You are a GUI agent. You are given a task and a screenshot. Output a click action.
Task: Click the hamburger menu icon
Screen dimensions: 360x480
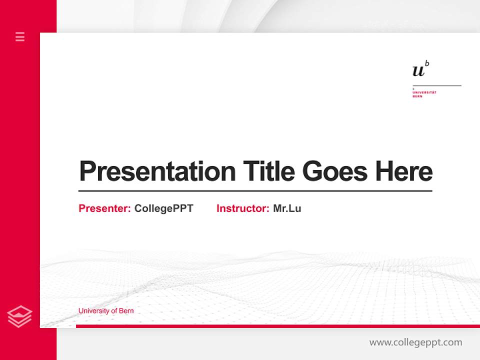pos(20,36)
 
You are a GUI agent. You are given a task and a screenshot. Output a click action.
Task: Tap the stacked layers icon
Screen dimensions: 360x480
pos(19,316)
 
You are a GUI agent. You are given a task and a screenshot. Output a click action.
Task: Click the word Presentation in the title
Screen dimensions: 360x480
pos(157,171)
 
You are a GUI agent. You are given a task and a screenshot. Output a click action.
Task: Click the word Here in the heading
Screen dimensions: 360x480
pos(404,171)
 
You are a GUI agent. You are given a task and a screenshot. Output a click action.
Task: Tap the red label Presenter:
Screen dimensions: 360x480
pos(104,208)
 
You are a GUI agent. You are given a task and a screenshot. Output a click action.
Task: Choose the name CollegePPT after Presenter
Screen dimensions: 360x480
pos(163,208)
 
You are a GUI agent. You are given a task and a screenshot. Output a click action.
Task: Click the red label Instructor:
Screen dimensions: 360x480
pos(242,208)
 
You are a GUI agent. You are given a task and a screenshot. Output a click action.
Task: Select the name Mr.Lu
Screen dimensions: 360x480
pos(287,208)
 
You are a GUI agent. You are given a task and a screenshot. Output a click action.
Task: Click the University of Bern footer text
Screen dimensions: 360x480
pos(106,311)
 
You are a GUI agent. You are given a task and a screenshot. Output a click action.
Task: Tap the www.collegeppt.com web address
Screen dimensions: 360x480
pos(415,342)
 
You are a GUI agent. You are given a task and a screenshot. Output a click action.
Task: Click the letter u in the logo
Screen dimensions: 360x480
pos(418,71)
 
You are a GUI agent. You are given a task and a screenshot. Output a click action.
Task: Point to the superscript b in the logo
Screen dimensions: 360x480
pos(427,63)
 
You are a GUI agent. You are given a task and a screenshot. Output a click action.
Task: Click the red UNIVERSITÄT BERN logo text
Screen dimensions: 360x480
pos(424,93)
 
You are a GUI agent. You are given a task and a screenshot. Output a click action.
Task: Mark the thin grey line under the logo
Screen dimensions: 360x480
pos(436,85)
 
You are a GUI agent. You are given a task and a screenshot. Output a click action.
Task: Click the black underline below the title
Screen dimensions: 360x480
pos(255,191)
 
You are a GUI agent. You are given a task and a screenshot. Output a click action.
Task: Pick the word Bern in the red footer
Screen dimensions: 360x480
pos(127,311)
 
